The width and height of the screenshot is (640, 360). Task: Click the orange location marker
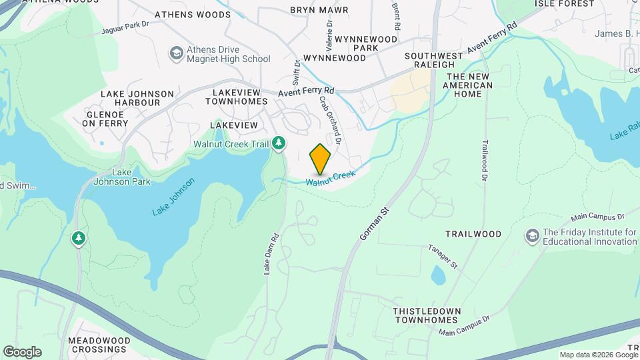321,159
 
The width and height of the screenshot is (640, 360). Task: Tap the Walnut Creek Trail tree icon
279,143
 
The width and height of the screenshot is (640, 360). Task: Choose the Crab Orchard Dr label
330,120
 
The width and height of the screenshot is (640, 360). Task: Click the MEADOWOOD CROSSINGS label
99,345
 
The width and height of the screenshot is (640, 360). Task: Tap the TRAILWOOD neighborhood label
473,234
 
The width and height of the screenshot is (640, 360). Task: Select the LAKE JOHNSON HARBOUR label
137,99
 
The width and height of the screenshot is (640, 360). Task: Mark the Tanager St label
443,257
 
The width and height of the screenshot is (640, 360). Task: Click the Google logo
22,352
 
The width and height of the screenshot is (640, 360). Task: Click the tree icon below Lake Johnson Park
79,237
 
